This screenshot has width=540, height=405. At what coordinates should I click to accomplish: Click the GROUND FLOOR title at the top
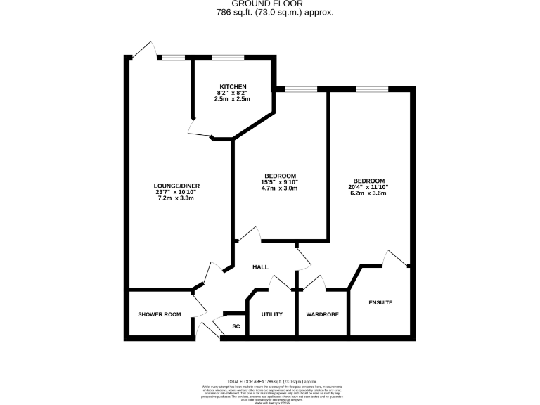coord(271,4)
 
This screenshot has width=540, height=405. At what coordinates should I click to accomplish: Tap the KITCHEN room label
coord(231,86)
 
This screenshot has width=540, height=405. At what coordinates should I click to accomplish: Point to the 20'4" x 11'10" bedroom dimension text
coord(368,187)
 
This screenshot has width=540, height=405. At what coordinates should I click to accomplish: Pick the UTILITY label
coord(271,314)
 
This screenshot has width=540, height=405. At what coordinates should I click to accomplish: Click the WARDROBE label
coord(323,314)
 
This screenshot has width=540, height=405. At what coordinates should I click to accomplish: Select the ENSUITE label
coord(380,302)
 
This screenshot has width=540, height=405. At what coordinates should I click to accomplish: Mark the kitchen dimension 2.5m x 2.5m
coord(231,99)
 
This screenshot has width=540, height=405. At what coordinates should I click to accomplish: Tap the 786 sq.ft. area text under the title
coord(271,13)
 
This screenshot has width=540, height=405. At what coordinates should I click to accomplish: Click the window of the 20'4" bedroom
coord(372,89)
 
